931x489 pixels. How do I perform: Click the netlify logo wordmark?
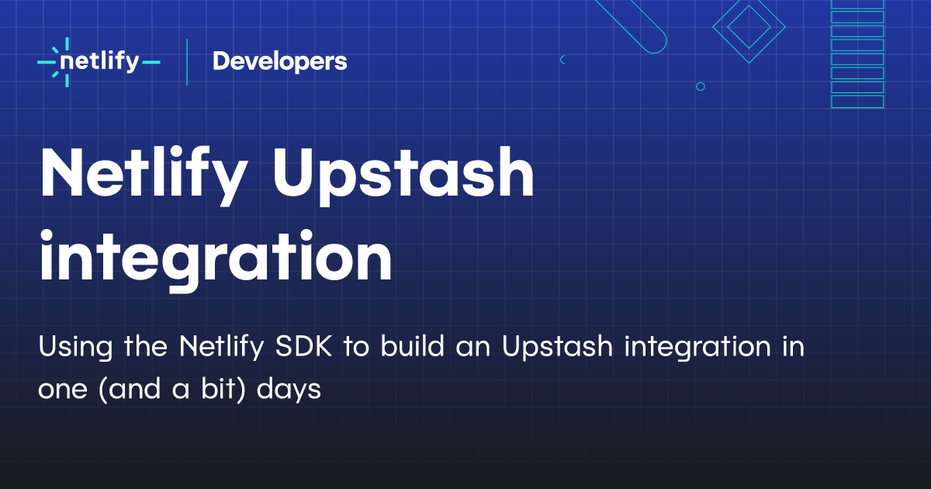point(99,62)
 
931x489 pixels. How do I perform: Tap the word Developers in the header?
point(280,61)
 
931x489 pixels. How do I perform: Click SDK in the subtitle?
point(304,346)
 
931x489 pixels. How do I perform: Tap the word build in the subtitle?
point(412,345)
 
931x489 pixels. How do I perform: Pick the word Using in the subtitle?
point(75,347)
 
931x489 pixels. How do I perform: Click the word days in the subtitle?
point(289,390)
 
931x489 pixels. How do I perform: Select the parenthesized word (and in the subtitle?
point(130,389)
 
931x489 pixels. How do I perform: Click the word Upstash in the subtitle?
point(557,347)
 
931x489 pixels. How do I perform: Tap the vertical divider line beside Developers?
point(187,62)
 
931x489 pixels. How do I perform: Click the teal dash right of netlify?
point(151,62)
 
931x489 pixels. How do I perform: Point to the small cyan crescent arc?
point(561,60)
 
